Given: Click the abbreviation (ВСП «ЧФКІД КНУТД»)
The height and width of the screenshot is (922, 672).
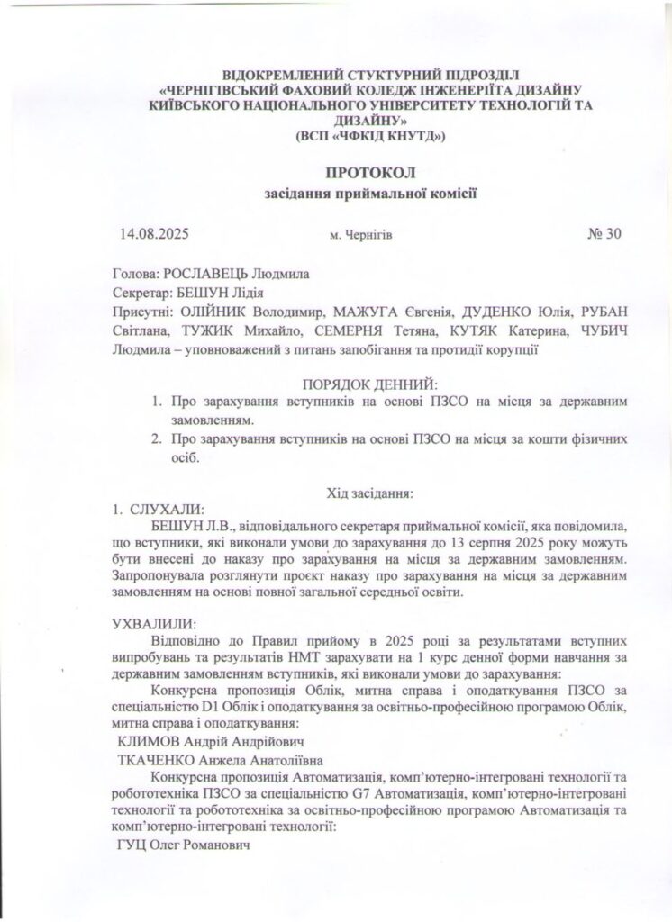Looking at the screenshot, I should click(x=370, y=135).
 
